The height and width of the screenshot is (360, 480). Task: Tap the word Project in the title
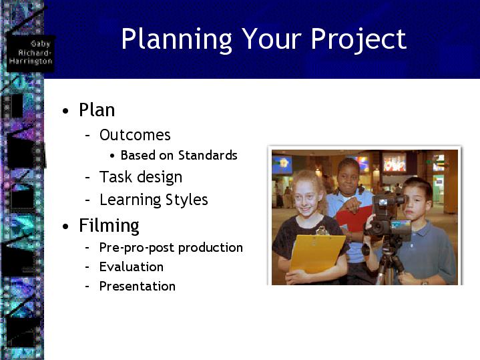tap(358, 40)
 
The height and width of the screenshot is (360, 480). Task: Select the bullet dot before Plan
tap(65, 111)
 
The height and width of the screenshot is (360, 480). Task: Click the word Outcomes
tap(135, 135)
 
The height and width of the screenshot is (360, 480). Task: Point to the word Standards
tap(208, 156)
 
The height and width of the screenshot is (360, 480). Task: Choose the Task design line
tap(141, 177)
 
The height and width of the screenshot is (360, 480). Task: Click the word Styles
tap(186, 200)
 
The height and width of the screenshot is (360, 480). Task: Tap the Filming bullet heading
tap(109, 226)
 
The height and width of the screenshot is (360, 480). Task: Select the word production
tap(210, 248)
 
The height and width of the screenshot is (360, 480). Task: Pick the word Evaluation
tap(132, 267)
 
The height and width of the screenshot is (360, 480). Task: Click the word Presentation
tap(138, 286)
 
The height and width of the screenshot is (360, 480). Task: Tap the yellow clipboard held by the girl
tap(317, 252)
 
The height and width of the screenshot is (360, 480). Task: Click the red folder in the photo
tap(354, 218)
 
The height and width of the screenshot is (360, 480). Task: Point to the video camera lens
tap(377, 227)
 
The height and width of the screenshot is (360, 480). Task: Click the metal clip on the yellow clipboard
tap(322, 231)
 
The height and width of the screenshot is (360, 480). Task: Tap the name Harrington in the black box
tap(31, 61)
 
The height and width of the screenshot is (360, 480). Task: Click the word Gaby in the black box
tap(41, 44)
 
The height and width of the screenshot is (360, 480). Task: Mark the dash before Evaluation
tap(87, 267)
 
